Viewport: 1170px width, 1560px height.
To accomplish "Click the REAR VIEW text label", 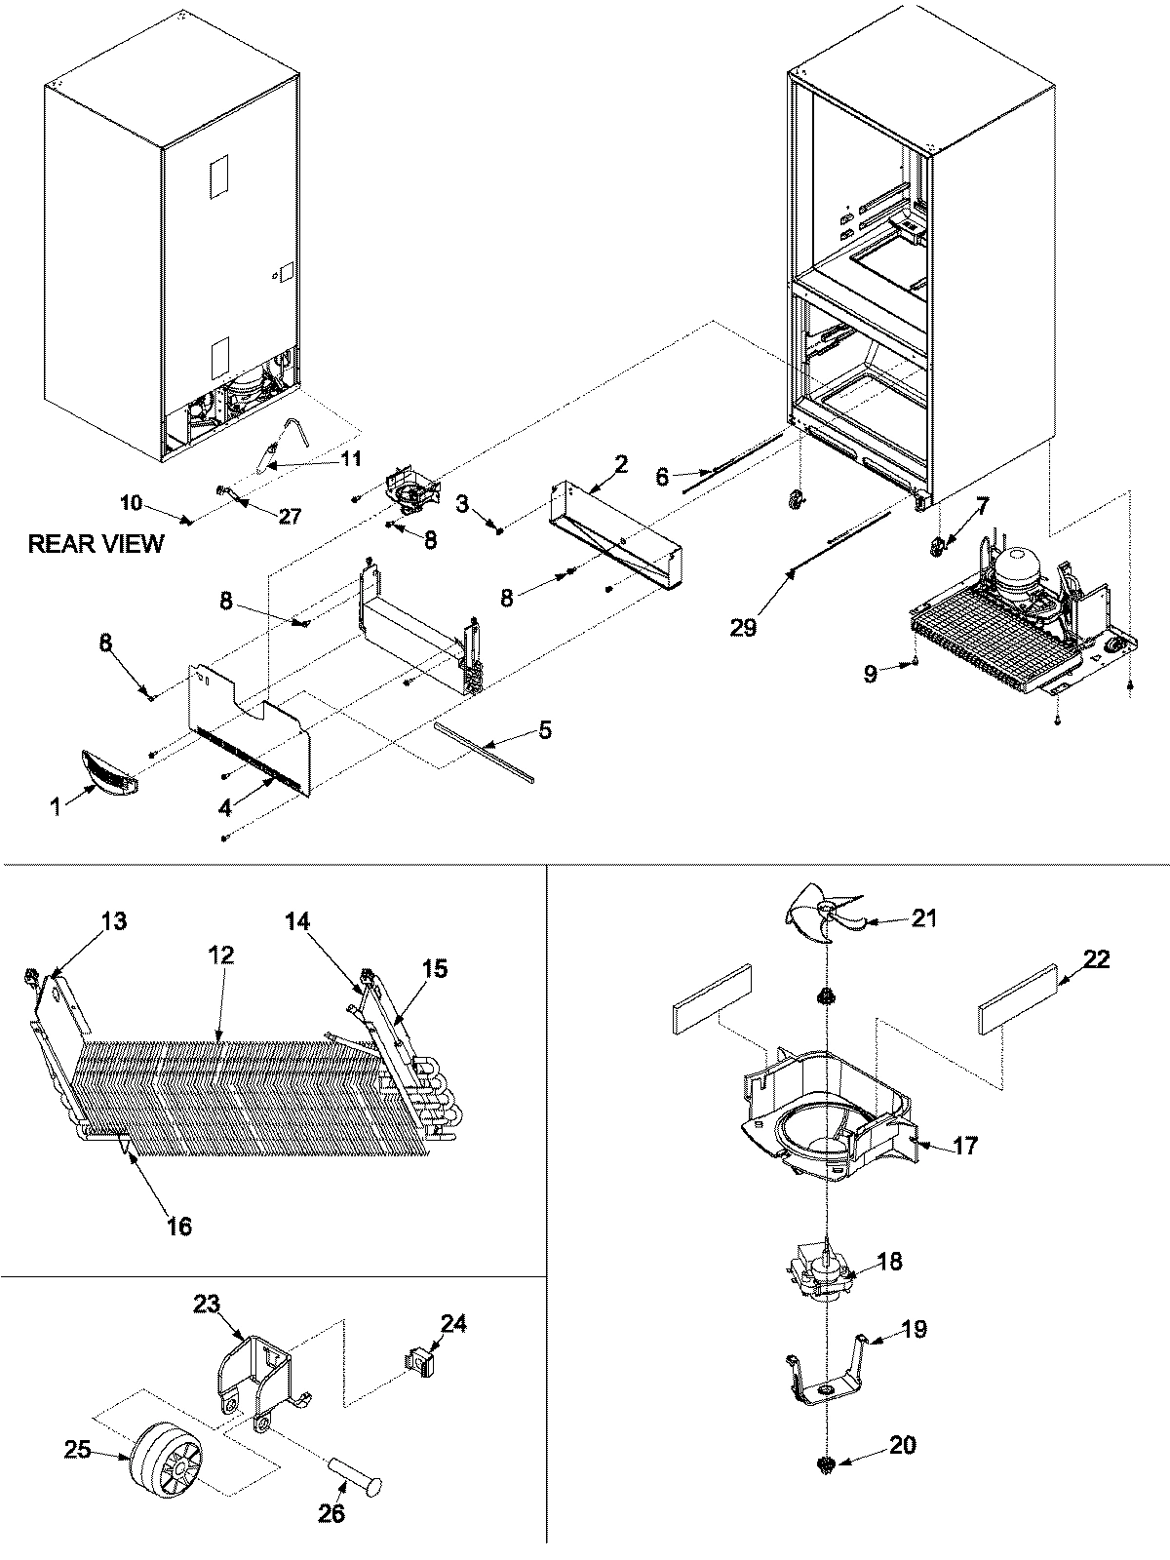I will click(x=96, y=543).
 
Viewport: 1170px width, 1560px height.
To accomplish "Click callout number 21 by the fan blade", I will click(x=923, y=917).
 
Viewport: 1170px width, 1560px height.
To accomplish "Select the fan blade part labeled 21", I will click(x=817, y=920).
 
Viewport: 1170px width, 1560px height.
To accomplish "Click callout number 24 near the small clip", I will click(x=453, y=1323).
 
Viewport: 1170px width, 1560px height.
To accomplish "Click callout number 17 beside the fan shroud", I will click(x=964, y=1146).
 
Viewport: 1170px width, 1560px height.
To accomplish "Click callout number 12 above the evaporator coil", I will click(x=221, y=955).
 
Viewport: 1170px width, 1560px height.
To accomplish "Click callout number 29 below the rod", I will click(x=743, y=627).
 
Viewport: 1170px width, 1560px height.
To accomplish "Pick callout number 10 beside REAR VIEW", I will click(x=131, y=503).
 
